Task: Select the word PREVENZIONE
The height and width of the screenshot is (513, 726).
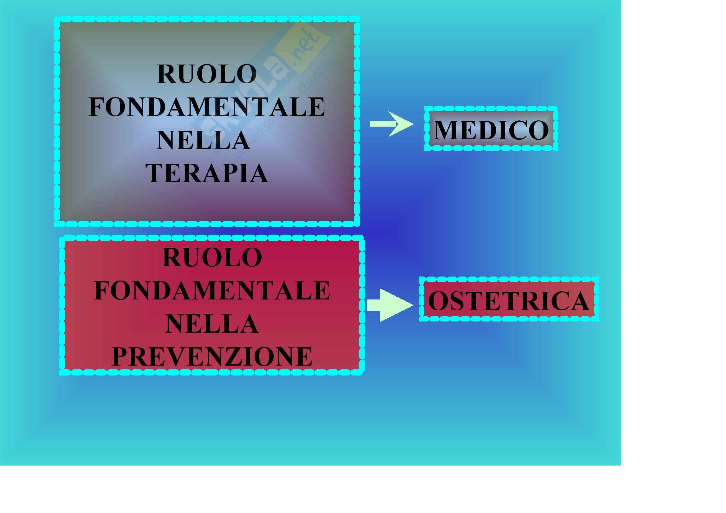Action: (x=212, y=357)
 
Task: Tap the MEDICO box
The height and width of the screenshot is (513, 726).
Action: (x=491, y=129)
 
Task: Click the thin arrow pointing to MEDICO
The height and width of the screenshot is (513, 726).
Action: (x=391, y=124)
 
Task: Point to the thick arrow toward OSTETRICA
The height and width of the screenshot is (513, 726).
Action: (x=390, y=305)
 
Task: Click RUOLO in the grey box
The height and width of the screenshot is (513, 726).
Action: (x=207, y=74)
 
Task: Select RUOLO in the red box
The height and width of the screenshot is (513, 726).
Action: (x=212, y=258)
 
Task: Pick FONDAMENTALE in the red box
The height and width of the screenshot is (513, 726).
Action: (x=212, y=291)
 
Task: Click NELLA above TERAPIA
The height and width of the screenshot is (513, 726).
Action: (x=203, y=140)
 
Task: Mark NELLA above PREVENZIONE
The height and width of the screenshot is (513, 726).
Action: (x=212, y=324)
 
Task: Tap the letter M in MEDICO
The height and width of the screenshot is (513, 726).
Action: (x=445, y=130)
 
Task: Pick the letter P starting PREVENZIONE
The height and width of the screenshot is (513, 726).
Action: (x=120, y=357)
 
